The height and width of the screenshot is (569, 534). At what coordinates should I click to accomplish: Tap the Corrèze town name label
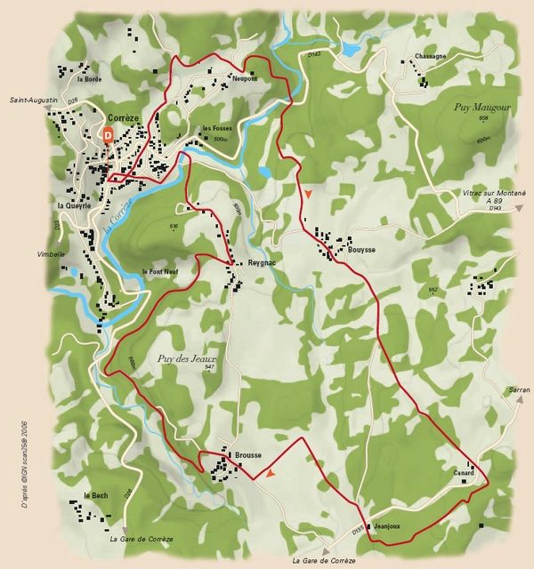pos(123,117)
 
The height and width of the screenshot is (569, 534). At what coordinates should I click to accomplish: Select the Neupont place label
pos(244,78)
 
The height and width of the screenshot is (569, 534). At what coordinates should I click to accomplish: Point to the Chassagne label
pos(430,56)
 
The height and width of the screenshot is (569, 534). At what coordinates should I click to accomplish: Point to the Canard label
pos(463,473)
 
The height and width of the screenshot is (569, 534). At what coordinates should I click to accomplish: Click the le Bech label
pos(95,495)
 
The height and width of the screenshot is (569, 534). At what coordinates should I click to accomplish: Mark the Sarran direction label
pos(519,390)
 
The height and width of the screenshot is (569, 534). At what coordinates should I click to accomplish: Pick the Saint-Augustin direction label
pos(35,100)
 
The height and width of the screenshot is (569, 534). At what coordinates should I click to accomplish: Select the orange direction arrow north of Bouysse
pos(308,193)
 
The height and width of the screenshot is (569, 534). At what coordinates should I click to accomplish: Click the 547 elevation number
pos(209,367)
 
